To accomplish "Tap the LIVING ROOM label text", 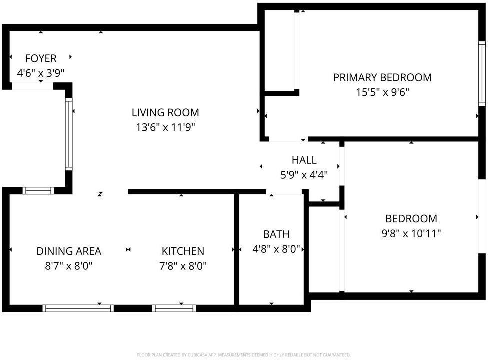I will click(x=165, y=113).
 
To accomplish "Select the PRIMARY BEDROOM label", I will click(x=382, y=78).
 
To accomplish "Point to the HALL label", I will click(x=304, y=160).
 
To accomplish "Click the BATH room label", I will click(x=276, y=234).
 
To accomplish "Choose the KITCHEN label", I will click(x=183, y=251).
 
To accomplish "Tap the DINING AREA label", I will click(x=69, y=251).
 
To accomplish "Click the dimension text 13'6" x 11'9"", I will click(x=165, y=128).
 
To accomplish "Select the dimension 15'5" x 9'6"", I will click(x=382, y=92).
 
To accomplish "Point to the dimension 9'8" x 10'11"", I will click(x=411, y=233).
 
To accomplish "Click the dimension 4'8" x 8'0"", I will click(x=276, y=249).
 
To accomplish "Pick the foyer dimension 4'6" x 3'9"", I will click(x=41, y=73).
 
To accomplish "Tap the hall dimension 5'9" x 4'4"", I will click(x=304, y=175).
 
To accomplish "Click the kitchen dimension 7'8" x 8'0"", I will click(x=183, y=266).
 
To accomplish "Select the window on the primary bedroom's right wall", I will click(x=482, y=73).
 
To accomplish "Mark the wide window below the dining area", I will click(x=78, y=308).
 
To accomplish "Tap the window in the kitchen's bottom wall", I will click(x=174, y=308).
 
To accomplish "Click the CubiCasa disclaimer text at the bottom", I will click(x=244, y=355).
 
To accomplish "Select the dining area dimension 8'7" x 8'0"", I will click(x=69, y=266).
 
